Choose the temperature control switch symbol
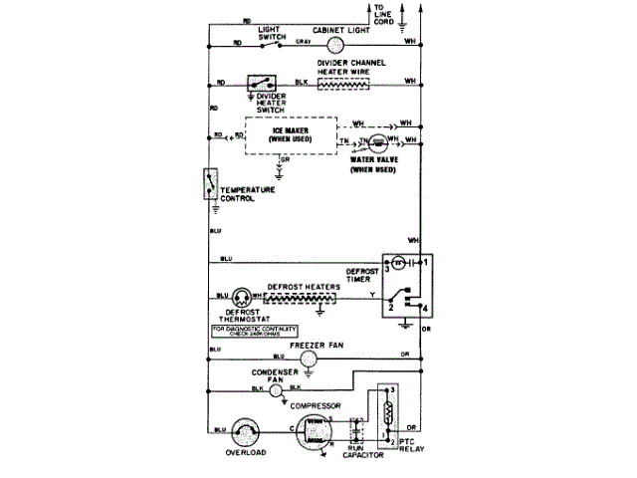tap(209, 184)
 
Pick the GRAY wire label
tap(305, 42)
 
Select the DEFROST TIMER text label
tap(361, 275)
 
